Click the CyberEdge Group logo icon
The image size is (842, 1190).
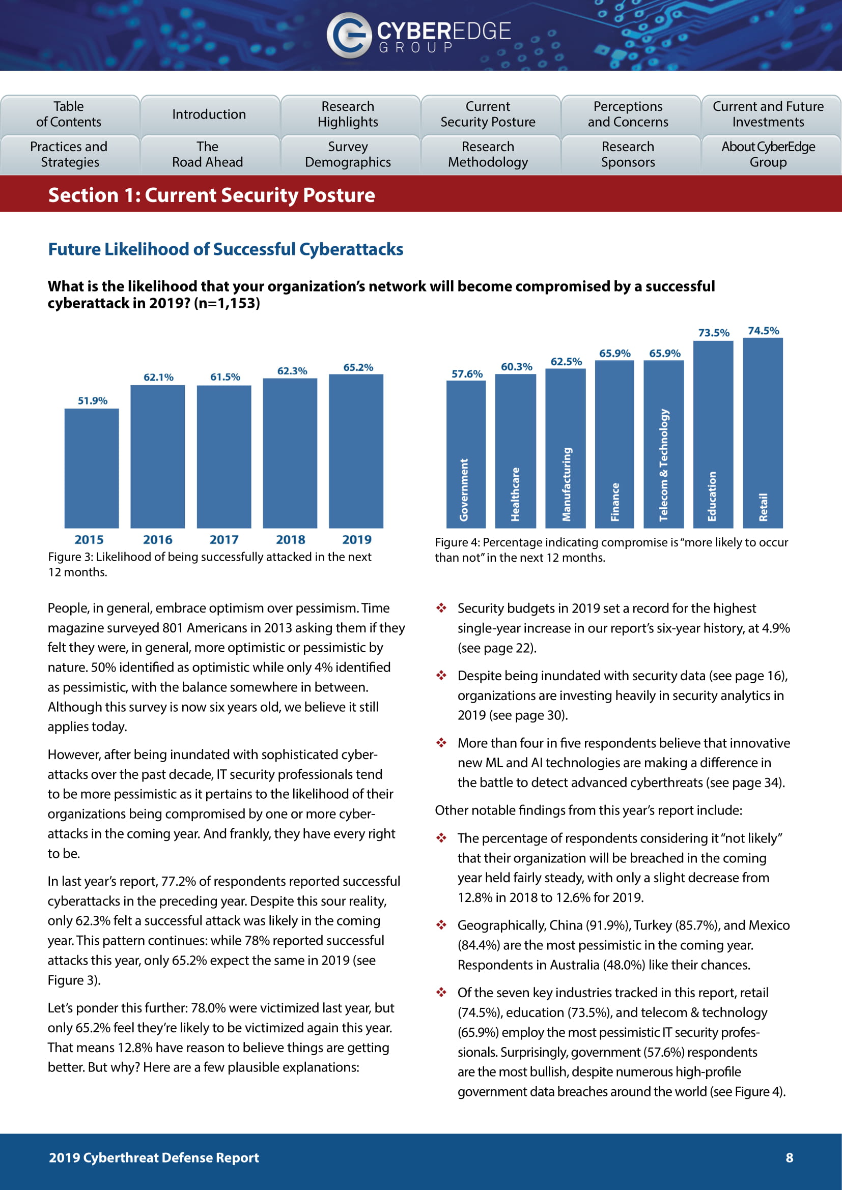coord(348,35)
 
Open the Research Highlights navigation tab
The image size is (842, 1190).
coord(348,114)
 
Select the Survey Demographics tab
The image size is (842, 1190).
coord(348,155)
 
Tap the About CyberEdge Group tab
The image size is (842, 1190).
coord(768,155)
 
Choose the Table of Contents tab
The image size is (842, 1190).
coord(69,114)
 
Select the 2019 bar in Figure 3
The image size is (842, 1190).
coord(356,451)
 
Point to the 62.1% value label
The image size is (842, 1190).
coord(158,378)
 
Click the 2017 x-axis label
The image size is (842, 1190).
coord(224,539)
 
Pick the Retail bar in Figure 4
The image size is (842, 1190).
coord(763,433)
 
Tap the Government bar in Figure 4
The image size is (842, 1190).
coord(466,454)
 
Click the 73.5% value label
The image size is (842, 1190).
coord(713,333)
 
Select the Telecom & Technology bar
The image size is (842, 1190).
coord(664,444)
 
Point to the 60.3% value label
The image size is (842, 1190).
coord(516,367)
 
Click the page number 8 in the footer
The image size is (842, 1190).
coord(789,1157)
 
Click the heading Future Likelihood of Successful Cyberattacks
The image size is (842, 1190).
coord(226,249)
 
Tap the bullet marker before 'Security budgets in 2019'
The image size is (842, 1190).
coord(441,608)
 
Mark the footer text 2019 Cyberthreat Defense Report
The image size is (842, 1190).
coord(154,1157)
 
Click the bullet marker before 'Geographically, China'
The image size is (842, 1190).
coord(441,925)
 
